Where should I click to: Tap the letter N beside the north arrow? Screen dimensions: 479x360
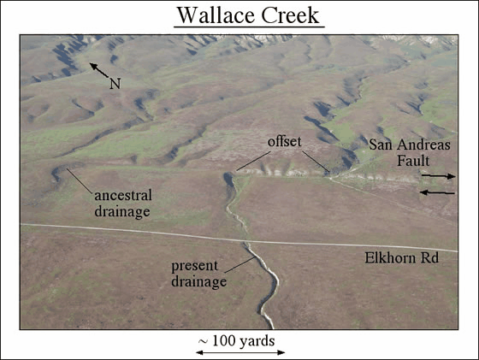(x=115, y=83)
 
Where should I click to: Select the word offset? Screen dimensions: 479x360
(x=284, y=142)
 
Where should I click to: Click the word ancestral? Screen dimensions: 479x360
(x=123, y=196)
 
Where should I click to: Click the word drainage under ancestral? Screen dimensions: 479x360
(x=122, y=211)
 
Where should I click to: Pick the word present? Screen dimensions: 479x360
(x=195, y=266)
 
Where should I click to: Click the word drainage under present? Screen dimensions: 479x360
(x=198, y=281)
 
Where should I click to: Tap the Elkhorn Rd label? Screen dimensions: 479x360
(x=402, y=258)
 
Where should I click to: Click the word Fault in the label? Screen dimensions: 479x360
(x=413, y=161)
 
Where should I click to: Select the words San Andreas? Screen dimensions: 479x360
(x=410, y=145)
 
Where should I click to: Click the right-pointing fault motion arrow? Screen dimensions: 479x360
(x=438, y=176)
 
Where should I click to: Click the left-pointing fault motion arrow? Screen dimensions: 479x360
(x=437, y=192)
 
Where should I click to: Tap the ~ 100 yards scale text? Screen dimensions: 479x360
(x=236, y=341)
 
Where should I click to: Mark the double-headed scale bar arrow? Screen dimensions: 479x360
(x=240, y=352)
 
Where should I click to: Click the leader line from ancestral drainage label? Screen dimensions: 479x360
(x=80, y=180)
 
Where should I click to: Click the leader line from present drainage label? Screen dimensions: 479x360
(x=240, y=264)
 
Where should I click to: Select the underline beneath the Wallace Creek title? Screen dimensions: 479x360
(x=249, y=27)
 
